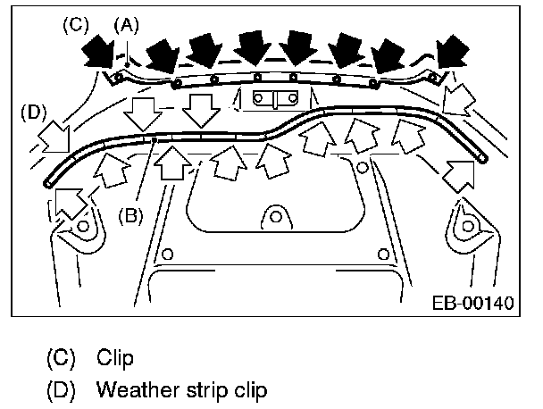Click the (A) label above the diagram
(127, 26)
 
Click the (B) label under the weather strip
(130, 214)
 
